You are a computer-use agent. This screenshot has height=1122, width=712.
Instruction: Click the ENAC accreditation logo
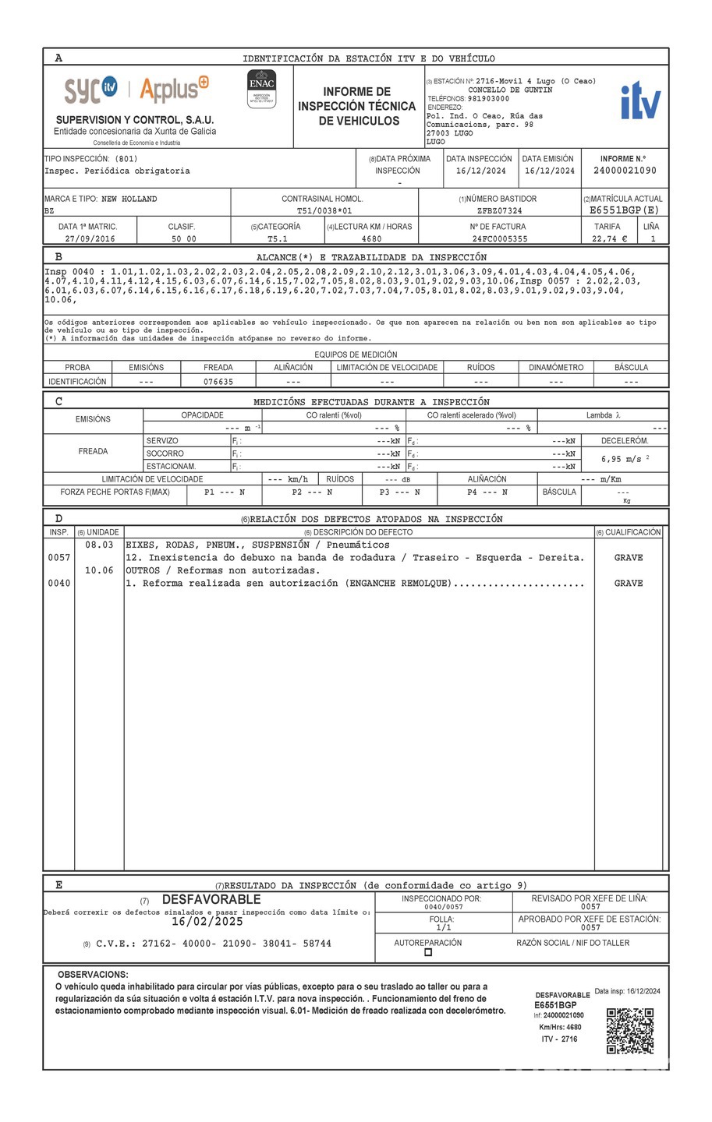pos(261,89)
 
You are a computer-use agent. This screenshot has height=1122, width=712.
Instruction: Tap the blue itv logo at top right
pos(640,101)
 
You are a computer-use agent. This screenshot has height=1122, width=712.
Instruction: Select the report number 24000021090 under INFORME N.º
pos(625,171)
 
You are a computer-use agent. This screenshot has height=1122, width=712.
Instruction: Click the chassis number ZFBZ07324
pos(500,210)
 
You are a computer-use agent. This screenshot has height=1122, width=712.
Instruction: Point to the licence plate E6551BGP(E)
pos(625,210)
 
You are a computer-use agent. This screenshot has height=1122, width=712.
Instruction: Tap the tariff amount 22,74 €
pos(609,239)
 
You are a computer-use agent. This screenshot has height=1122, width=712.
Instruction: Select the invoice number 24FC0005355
pos(499,239)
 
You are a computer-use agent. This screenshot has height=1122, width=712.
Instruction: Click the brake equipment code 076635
pos(218,382)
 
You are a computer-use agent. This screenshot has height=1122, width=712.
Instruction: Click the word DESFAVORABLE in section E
pos(211,900)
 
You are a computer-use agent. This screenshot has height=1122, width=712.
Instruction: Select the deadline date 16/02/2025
pos(207,922)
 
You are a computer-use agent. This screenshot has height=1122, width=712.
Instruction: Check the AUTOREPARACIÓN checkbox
pos(427,952)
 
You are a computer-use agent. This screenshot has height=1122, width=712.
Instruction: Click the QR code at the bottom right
pos(629,1030)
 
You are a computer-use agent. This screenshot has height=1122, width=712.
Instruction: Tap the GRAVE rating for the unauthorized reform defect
pos(628,584)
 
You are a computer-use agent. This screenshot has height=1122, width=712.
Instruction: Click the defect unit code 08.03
pos(99,545)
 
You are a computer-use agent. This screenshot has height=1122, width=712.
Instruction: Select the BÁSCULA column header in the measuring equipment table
pos(631,368)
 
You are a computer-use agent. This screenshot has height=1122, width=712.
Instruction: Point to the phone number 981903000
pos(488,99)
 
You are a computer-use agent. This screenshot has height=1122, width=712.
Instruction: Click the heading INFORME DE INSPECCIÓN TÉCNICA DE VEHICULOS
pos(356,106)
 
